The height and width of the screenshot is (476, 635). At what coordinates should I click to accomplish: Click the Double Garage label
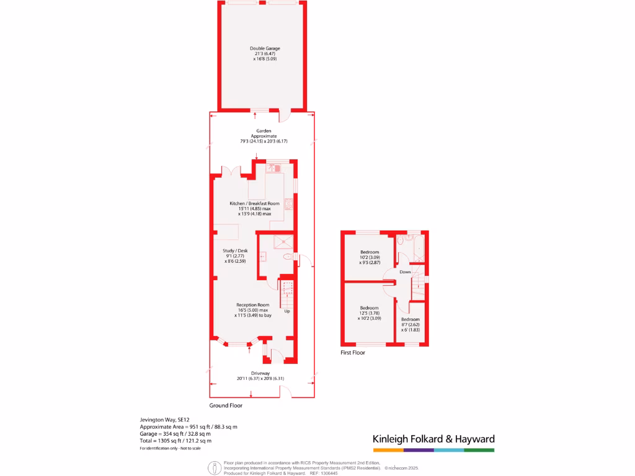click(x=265, y=48)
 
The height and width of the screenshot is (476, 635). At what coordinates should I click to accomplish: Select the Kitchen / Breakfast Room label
click(x=254, y=203)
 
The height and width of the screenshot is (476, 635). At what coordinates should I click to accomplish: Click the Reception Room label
click(x=252, y=305)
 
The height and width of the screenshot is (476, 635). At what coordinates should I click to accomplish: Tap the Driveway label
click(x=260, y=373)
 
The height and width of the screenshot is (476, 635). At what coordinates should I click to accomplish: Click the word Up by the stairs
click(x=286, y=311)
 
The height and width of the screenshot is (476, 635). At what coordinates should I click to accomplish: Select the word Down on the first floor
click(x=405, y=272)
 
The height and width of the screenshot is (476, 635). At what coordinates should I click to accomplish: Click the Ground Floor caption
click(x=226, y=405)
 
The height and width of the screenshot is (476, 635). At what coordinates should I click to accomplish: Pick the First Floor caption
click(x=352, y=353)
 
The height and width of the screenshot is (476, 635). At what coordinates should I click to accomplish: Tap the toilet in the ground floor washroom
click(x=288, y=257)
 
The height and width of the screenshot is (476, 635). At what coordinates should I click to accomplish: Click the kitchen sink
click(x=274, y=167)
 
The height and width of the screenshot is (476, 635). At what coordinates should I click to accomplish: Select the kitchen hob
click(x=289, y=203)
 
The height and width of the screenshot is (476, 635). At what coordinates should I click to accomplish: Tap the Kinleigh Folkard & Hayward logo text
click(x=433, y=439)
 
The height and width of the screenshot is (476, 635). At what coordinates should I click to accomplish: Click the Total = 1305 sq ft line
click(x=175, y=440)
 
